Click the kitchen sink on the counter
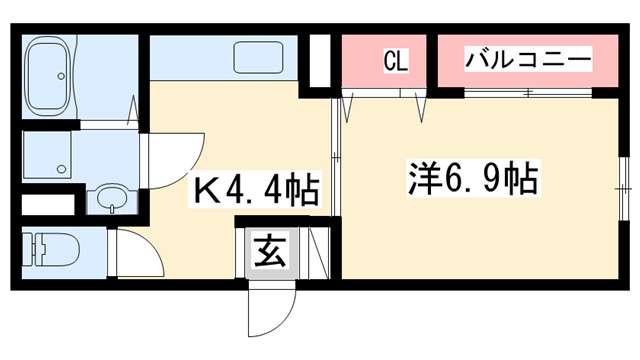[x=262, y=58]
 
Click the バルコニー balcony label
[x=527, y=59]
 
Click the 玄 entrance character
[x=272, y=251]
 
